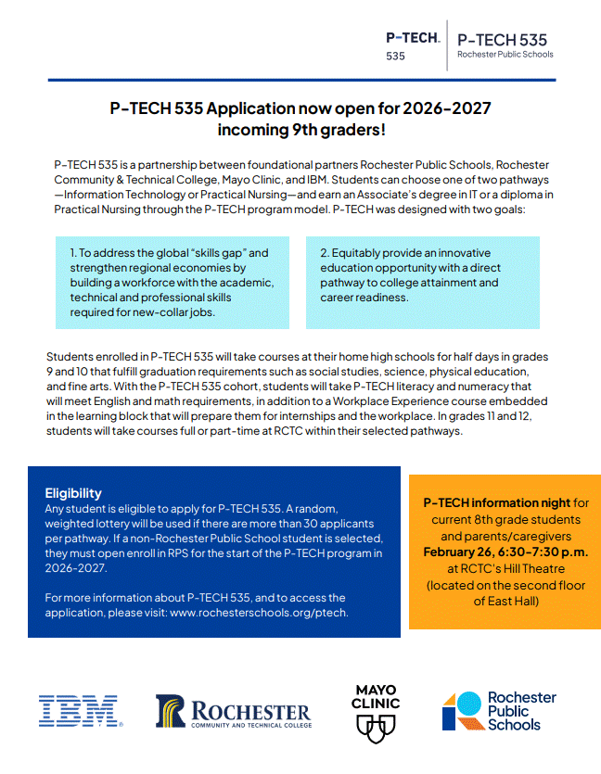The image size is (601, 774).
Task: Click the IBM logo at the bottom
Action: pos(79,711)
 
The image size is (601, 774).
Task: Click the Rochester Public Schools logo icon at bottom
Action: pos(462,711)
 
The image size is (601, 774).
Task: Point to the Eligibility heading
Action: pos(73,493)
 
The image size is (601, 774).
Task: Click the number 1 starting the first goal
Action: pos(72,253)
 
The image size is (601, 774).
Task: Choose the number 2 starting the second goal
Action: pos(324,253)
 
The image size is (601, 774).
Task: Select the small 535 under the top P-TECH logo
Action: pos(395,57)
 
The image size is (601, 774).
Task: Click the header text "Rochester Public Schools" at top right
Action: pos(505,55)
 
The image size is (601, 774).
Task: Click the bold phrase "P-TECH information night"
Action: pos(497,502)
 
